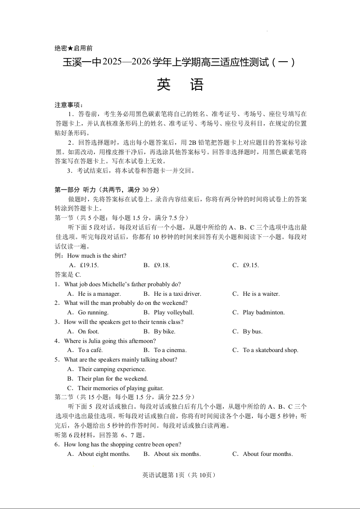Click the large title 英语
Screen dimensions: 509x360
180,85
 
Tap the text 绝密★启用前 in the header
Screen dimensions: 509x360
73,49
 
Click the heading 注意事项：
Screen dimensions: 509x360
69,105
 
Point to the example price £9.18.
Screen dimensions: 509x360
162,265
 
